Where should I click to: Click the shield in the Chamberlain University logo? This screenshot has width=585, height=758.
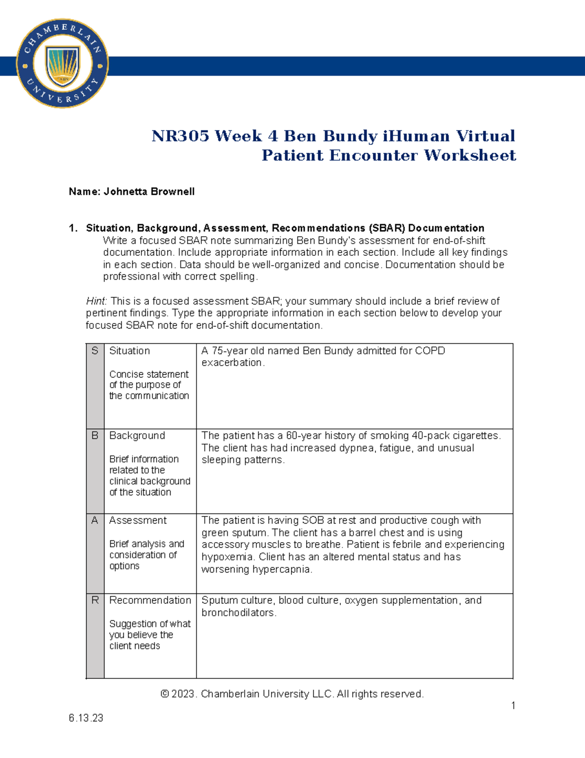point(62,65)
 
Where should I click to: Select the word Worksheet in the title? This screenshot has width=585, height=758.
point(469,155)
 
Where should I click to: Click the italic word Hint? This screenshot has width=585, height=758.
point(96,301)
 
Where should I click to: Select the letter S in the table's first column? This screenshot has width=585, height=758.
point(95,351)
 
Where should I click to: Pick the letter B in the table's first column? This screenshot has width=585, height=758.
point(95,435)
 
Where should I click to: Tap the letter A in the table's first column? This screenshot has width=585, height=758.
point(95,520)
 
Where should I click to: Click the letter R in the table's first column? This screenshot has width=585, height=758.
point(95,600)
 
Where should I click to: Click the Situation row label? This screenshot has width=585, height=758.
point(130,351)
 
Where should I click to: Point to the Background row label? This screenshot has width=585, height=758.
point(137,435)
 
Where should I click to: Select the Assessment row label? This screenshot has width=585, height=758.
point(138,520)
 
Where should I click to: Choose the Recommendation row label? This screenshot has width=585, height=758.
point(150,600)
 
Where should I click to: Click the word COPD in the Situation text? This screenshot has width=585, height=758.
point(429,351)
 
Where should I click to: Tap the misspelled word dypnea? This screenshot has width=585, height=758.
point(356,448)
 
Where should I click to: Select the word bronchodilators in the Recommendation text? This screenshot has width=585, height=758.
point(238,613)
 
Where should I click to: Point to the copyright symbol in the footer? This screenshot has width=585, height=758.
point(165,694)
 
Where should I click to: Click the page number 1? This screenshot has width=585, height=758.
point(513,705)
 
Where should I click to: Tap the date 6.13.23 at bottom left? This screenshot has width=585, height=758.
point(86,718)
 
